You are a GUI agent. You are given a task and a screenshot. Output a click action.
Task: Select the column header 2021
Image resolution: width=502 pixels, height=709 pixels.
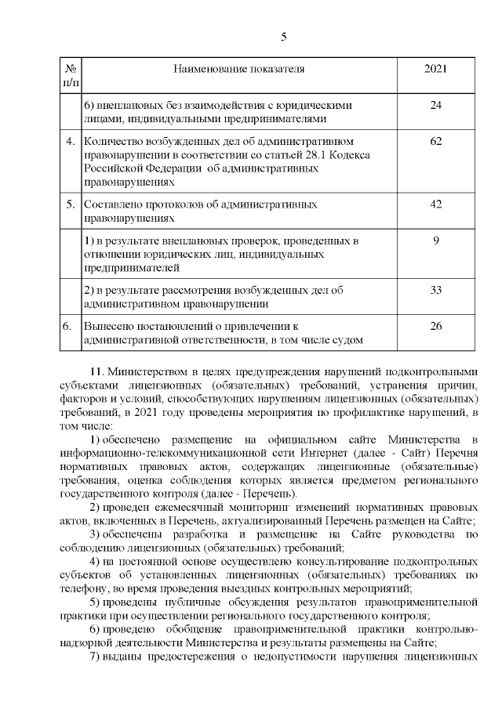(x=435, y=69)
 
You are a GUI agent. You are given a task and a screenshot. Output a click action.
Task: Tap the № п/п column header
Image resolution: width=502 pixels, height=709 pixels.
(x=70, y=75)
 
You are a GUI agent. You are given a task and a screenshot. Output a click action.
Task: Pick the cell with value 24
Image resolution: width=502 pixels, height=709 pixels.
(x=435, y=105)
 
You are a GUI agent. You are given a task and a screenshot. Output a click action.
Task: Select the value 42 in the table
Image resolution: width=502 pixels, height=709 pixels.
(x=435, y=204)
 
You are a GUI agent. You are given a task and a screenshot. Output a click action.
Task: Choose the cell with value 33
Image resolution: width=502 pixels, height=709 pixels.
(x=435, y=290)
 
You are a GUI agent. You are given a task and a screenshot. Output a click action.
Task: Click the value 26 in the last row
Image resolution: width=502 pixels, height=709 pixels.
(x=435, y=325)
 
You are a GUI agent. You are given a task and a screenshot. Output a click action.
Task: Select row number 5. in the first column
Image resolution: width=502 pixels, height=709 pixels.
(x=70, y=204)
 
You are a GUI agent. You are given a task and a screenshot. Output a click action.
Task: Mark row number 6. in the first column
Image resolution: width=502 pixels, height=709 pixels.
(x=70, y=325)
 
